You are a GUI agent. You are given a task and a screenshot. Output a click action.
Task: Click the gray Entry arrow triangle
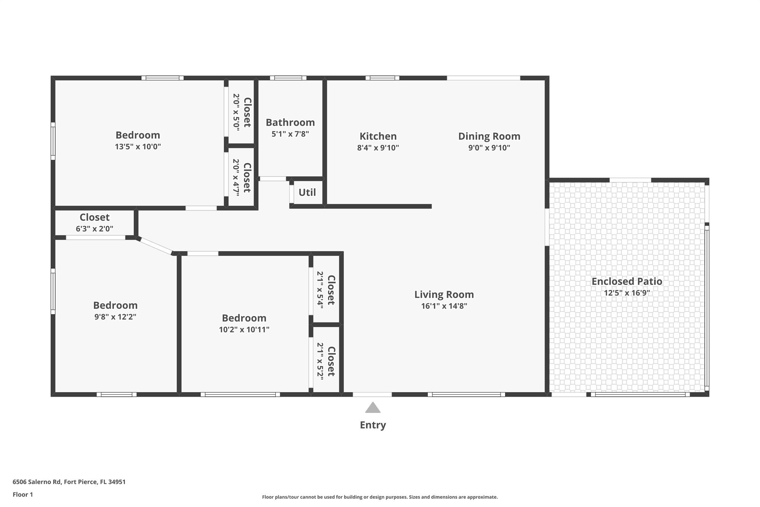373,408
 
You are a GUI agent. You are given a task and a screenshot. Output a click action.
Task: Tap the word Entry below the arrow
373,425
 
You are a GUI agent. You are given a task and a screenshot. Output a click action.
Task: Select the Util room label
307,192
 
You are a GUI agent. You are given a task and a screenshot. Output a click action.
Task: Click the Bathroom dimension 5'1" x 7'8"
290,134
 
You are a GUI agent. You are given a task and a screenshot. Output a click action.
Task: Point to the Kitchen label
378,136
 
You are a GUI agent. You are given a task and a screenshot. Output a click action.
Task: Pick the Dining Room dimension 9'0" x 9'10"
489,148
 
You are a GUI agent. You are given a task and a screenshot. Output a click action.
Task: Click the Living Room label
444,295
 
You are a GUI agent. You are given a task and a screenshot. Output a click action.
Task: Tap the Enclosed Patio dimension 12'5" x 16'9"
626,293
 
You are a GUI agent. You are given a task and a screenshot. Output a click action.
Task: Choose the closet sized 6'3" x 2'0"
94,222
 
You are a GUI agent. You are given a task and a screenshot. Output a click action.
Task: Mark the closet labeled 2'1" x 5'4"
325,290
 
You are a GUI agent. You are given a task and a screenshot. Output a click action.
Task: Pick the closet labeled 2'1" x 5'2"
325,361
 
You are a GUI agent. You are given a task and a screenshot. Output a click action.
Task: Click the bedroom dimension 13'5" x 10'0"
138,146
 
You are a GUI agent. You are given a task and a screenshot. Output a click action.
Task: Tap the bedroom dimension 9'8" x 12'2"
115,317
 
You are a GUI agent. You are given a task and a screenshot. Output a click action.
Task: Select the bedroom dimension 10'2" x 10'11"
244,329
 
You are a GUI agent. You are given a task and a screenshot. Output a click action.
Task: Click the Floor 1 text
23,494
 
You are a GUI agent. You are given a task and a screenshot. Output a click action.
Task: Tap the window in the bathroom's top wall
288,78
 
